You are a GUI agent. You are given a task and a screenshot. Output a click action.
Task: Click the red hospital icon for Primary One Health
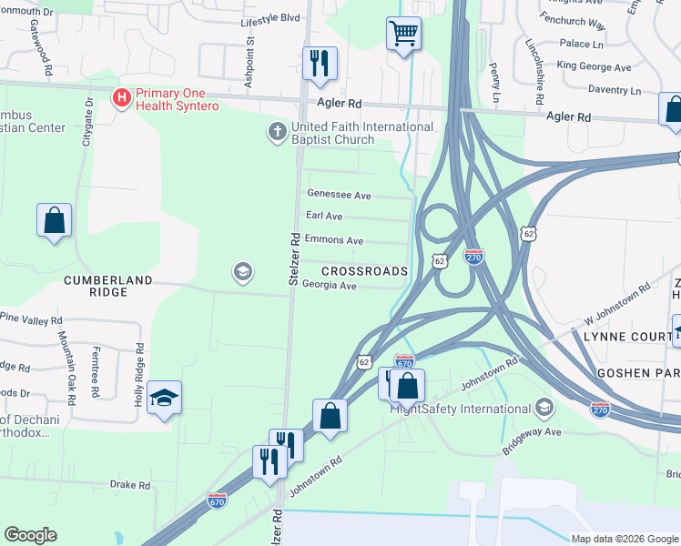[x=119, y=96]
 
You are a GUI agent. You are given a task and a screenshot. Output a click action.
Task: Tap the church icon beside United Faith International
[x=278, y=133]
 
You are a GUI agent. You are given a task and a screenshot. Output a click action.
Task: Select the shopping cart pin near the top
[x=403, y=35]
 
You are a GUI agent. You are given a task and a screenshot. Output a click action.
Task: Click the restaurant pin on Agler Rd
[x=319, y=63]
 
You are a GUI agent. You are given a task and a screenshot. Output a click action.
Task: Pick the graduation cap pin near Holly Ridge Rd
[x=164, y=399]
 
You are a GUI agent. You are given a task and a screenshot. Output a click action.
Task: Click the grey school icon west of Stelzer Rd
[x=242, y=272]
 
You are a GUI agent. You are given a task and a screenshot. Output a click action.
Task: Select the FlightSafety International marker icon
[x=544, y=406]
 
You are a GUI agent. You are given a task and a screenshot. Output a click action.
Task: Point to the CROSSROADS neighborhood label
[x=363, y=271]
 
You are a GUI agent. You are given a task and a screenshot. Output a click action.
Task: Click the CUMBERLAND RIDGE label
[x=107, y=281]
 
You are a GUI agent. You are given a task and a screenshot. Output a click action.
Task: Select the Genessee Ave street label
[x=339, y=195]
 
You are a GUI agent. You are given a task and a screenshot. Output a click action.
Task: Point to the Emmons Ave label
[x=334, y=240]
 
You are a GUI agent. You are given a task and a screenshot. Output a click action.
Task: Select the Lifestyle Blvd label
[x=270, y=18]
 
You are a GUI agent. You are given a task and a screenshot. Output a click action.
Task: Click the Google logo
[x=30, y=535]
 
